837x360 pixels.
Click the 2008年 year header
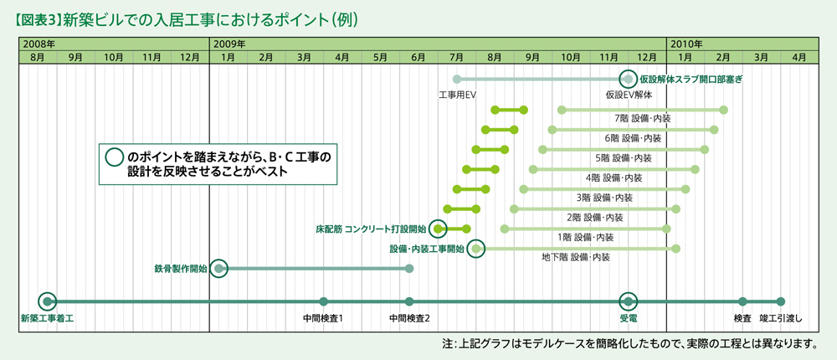39,43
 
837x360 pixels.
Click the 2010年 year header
686,43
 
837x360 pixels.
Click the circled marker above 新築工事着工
48,301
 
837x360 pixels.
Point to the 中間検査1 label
324,319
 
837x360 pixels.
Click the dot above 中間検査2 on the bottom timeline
409,301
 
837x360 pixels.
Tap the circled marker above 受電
628,301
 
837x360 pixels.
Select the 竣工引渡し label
781,319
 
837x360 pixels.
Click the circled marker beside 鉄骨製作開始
219,268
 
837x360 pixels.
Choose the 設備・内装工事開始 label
427,249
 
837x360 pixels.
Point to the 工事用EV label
457,95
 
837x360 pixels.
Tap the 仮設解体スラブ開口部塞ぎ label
691,80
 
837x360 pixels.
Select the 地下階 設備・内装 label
576,257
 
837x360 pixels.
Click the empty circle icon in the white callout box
112,157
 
